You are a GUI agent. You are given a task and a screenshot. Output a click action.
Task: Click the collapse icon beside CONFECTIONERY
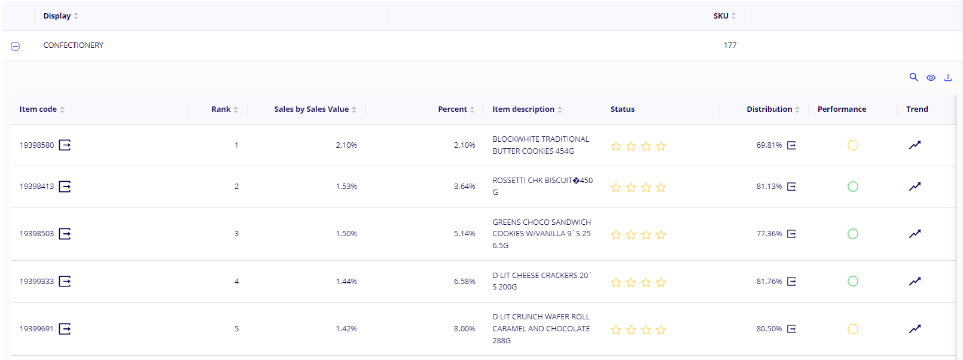click(16, 46)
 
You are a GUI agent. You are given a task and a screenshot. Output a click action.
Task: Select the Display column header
click(57, 16)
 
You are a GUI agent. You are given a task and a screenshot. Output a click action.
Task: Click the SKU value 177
click(730, 45)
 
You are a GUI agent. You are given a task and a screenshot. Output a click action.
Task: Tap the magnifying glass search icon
click(913, 77)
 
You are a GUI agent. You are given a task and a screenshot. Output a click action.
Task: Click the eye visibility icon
click(931, 78)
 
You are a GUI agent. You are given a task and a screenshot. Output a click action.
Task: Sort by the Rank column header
click(221, 109)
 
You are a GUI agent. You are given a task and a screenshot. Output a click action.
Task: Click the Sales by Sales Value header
click(311, 109)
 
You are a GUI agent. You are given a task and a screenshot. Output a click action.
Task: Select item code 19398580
click(36, 145)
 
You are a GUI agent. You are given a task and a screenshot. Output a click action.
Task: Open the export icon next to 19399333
click(65, 281)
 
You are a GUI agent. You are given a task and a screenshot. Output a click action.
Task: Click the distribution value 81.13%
click(769, 187)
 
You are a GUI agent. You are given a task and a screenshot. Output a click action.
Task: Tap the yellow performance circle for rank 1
click(852, 145)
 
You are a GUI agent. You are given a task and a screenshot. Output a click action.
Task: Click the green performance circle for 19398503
click(852, 234)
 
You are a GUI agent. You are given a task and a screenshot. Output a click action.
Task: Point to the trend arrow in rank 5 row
click(915, 329)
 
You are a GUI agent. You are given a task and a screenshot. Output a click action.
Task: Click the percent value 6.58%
click(464, 282)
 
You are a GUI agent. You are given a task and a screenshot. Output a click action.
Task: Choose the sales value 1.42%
click(346, 329)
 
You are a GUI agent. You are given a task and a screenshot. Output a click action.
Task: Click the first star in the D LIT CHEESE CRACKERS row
click(616, 282)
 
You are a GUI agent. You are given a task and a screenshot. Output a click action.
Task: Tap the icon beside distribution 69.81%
click(791, 145)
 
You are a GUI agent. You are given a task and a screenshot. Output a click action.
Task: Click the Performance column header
click(841, 109)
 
